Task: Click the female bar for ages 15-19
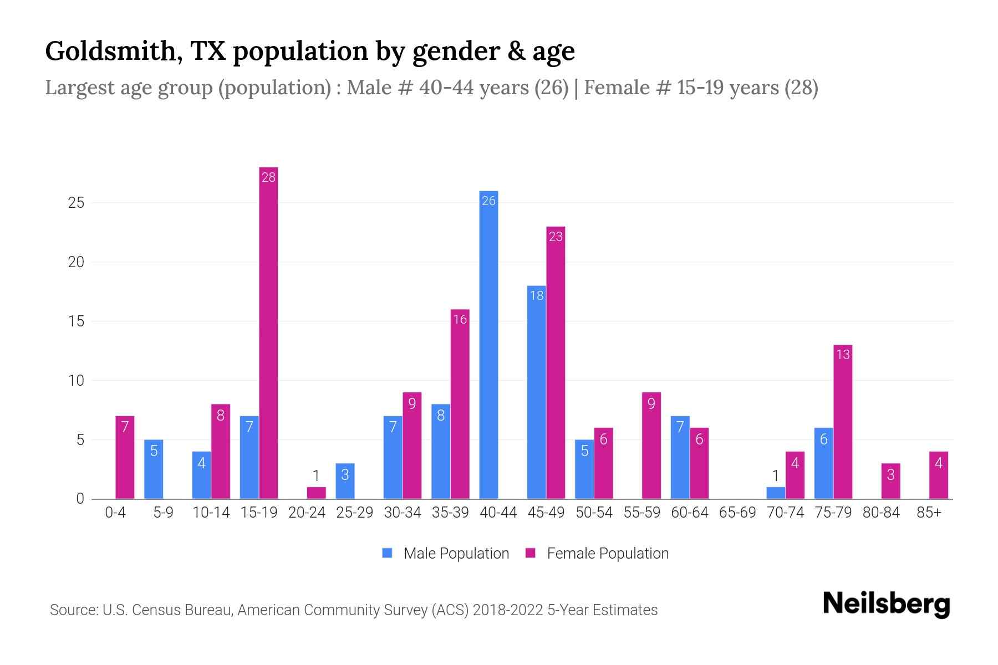pyautogui.click(x=268, y=332)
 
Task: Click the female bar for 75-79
pyautogui.click(x=843, y=422)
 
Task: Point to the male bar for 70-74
pyautogui.click(x=776, y=493)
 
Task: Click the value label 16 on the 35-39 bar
pyautogui.click(x=460, y=319)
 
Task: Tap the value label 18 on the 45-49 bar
pyautogui.click(x=537, y=295)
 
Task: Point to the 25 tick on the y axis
pyautogui.click(x=76, y=203)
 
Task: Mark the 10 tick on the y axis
pyautogui.click(x=76, y=381)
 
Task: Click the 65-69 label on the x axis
pyautogui.click(x=737, y=513)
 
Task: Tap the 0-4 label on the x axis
pyautogui.click(x=115, y=513)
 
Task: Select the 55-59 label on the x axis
pyautogui.click(x=641, y=513)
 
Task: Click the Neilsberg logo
pyautogui.click(x=886, y=603)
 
